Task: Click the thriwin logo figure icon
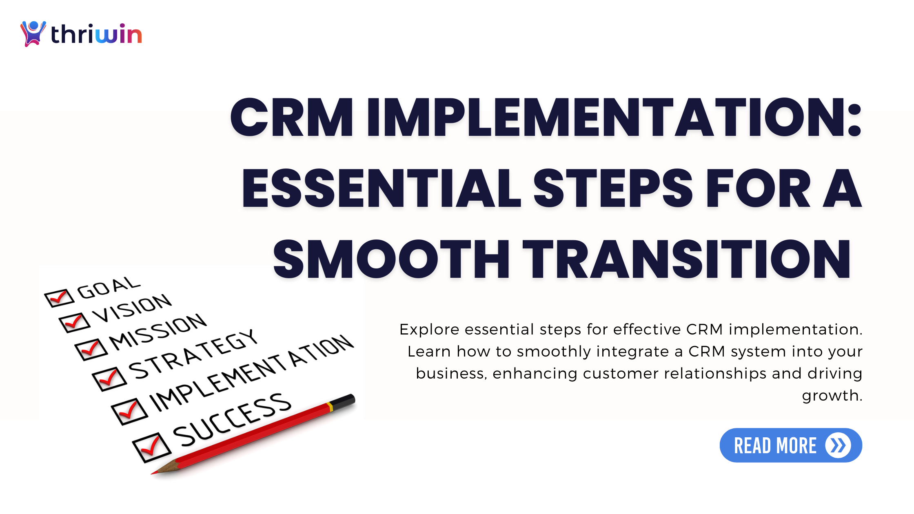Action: click(x=33, y=33)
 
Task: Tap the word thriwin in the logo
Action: click(x=96, y=34)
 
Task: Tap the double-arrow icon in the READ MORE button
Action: click(x=838, y=445)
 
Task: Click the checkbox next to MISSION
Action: click(x=91, y=349)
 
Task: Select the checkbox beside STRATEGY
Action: click(x=109, y=379)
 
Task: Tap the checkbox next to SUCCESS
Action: click(x=151, y=448)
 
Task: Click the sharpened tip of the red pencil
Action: click(x=155, y=473)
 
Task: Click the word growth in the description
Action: click(x=832, y=396)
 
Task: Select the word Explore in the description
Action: click(x=429, y=329)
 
